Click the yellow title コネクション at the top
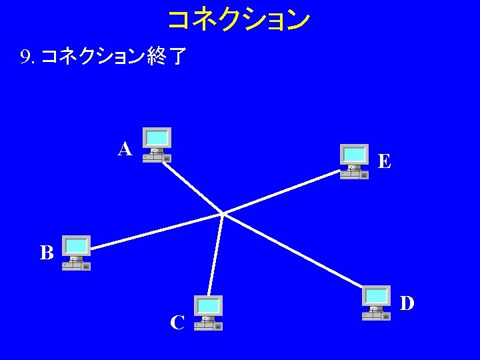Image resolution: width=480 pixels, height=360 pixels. pos(238,20)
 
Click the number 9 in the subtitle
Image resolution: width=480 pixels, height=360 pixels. pos(25,58)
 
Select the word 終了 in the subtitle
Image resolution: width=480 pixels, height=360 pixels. pos(167,58)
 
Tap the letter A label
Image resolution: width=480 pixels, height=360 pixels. pos(125,149)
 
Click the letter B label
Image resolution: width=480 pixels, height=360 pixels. pos(46,253)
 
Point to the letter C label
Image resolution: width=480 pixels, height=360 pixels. pos(177,323)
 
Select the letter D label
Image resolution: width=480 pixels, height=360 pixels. pos(407,303)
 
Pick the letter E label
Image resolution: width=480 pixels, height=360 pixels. pos(384,161)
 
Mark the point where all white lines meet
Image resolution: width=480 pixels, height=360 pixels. pos(222,214)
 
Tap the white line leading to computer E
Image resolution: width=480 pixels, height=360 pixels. pos(280,193)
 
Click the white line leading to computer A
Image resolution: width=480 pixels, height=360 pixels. pos(193,188)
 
